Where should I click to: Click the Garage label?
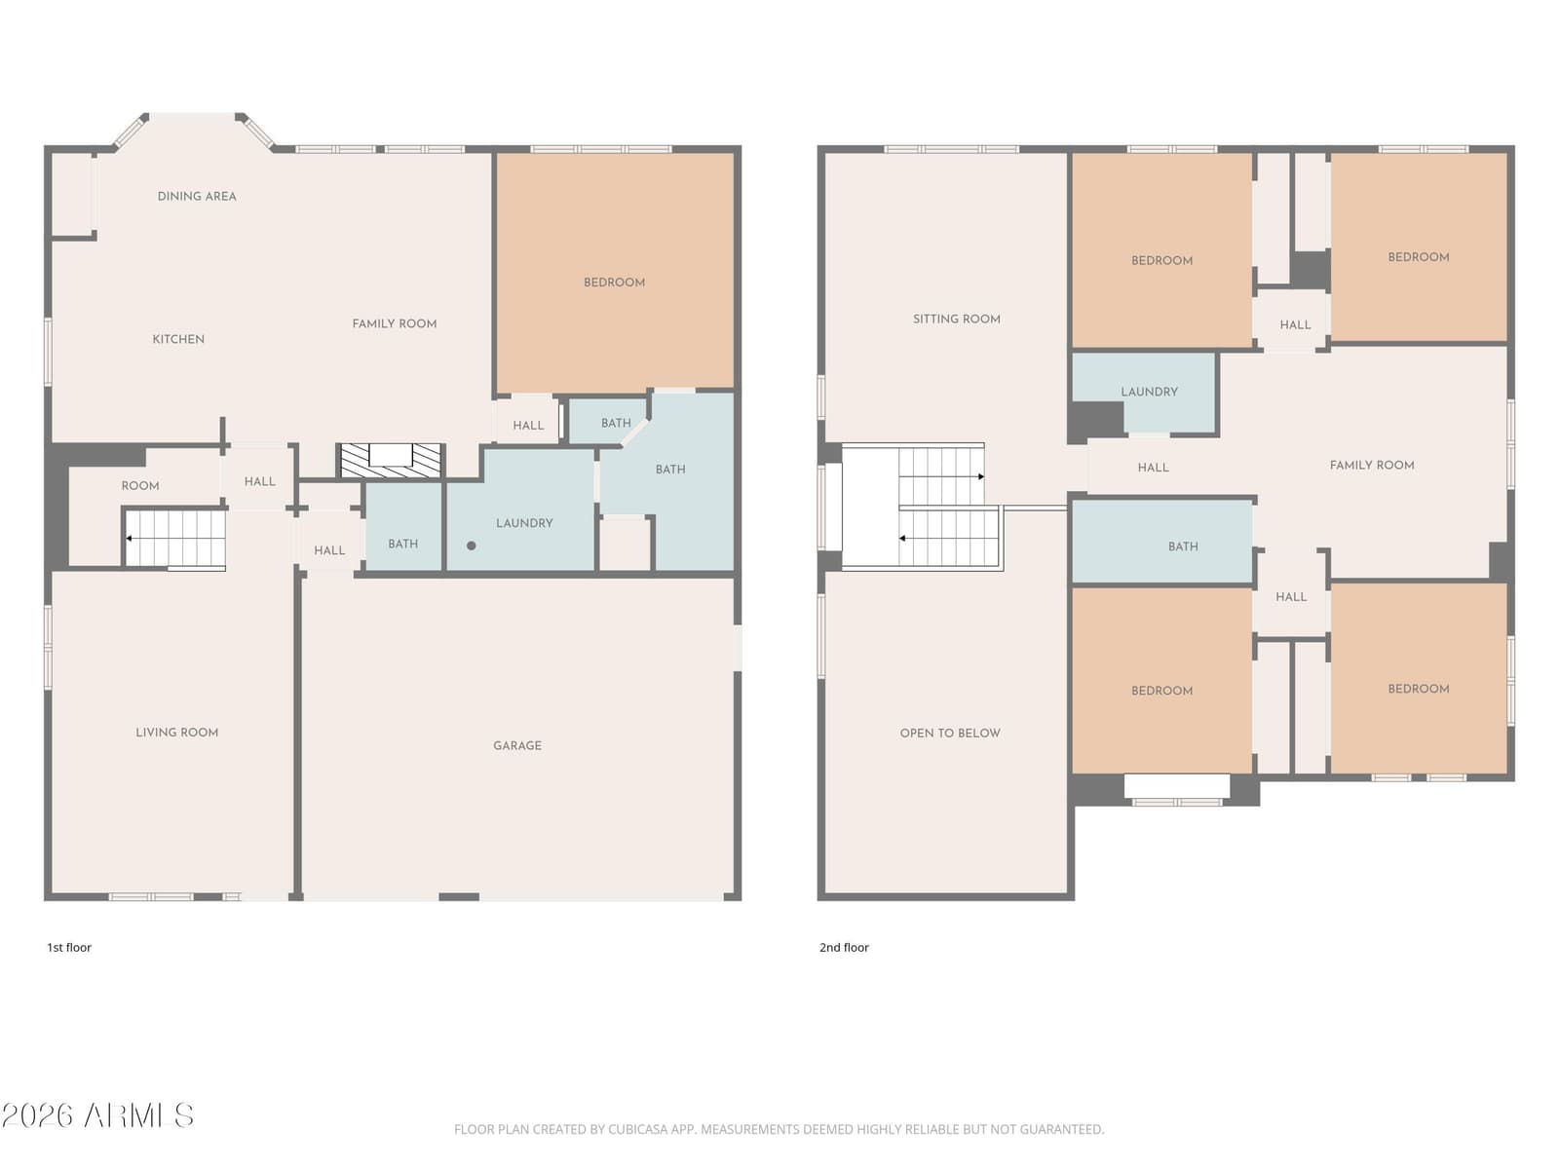click(517, 745)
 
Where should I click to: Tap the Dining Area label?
click(197, 196)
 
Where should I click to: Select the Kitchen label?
click(178, 339)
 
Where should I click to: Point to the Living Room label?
click(177, 733)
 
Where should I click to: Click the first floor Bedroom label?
click(615, 283)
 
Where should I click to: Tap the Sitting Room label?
click(957, 320)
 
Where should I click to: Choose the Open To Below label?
click(950, 734)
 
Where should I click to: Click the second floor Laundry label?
click(1149, 392)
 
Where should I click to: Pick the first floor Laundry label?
click(524, 523)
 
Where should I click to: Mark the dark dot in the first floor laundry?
click(471, 546)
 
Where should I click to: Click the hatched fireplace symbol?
click(391, 460)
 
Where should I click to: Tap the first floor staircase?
click(175, 539)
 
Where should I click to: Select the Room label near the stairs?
click(140, 486)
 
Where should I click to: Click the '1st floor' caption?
click(69, 948)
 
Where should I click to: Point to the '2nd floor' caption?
click(844, 948)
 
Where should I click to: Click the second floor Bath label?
click(1183, 547)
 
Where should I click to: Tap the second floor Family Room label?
click(1372, 466)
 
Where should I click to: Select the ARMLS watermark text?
click(97, 1115)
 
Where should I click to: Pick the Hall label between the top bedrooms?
click(1295, 325)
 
